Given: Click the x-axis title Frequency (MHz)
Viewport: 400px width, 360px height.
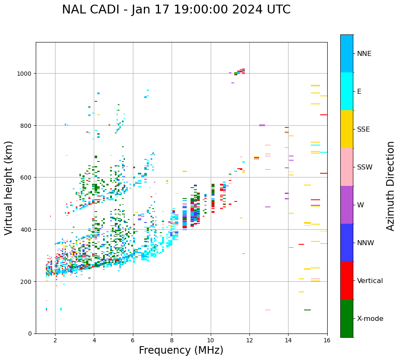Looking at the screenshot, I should [x=181, y=350].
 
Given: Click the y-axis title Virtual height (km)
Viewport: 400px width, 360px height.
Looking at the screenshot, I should [x=9, y=188].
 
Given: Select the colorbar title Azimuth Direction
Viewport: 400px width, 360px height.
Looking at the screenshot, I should [x=391, y=186].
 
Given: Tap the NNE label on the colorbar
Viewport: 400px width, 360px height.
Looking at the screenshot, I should [x=364, y=53].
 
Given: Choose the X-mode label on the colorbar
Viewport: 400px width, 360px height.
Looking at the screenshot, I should [x=370, y=319].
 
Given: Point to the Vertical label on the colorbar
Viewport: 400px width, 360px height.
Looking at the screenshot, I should [x=370, y=281].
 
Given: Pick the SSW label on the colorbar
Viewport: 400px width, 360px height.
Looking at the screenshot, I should [x=365, y=167].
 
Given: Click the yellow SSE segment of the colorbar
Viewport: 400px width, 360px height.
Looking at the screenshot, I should [x=347, y=129].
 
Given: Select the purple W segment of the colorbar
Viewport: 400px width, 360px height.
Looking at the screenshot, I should [x=347, y=205].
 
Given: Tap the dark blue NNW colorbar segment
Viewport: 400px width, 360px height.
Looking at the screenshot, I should [x=347, y=243].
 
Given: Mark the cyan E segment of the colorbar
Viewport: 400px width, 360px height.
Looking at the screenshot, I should [x=347, y=91].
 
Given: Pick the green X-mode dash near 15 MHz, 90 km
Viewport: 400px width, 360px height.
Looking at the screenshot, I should [x=307, y=310].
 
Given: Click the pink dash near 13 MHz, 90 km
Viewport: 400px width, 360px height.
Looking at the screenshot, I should [x=268, y=310].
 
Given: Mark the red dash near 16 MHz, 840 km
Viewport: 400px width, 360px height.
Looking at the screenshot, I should [x=323, y=115].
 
